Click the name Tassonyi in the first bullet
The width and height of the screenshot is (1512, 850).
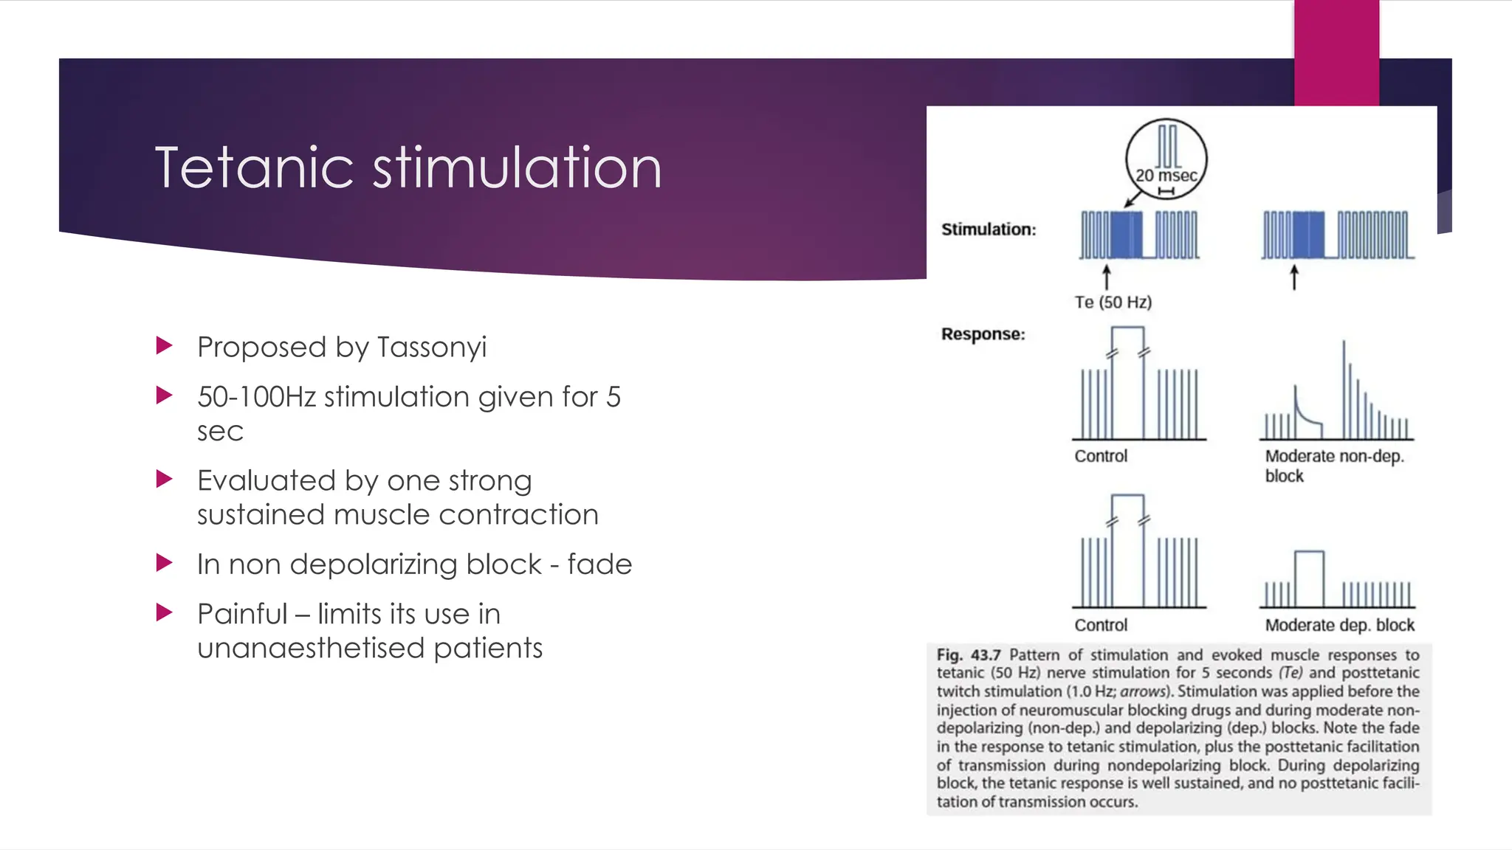point(432,348)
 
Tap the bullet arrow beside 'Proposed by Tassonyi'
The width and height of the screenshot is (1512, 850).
point(165,345)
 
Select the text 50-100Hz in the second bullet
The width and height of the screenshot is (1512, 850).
point(256,397)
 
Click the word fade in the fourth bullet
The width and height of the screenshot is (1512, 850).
point(599,564)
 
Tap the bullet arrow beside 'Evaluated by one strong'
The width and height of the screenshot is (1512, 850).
point(165,480)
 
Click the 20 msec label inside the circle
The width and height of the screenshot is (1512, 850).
point(1166,176)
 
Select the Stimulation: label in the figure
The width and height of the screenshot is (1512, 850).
point(989,229)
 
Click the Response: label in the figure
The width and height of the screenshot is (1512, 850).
point(983,334)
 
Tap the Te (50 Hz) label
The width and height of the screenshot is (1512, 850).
point(1113,303)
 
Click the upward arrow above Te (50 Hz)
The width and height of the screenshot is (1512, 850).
point(1106,278)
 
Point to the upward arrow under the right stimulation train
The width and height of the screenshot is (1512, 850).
point(1293,278)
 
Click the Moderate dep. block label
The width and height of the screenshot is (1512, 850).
point(1339,626)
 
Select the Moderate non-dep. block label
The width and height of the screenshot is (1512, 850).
point(1333,466)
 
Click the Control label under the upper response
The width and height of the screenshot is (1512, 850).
point(1101,456)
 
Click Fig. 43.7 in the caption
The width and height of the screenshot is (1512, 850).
point(968,655)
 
